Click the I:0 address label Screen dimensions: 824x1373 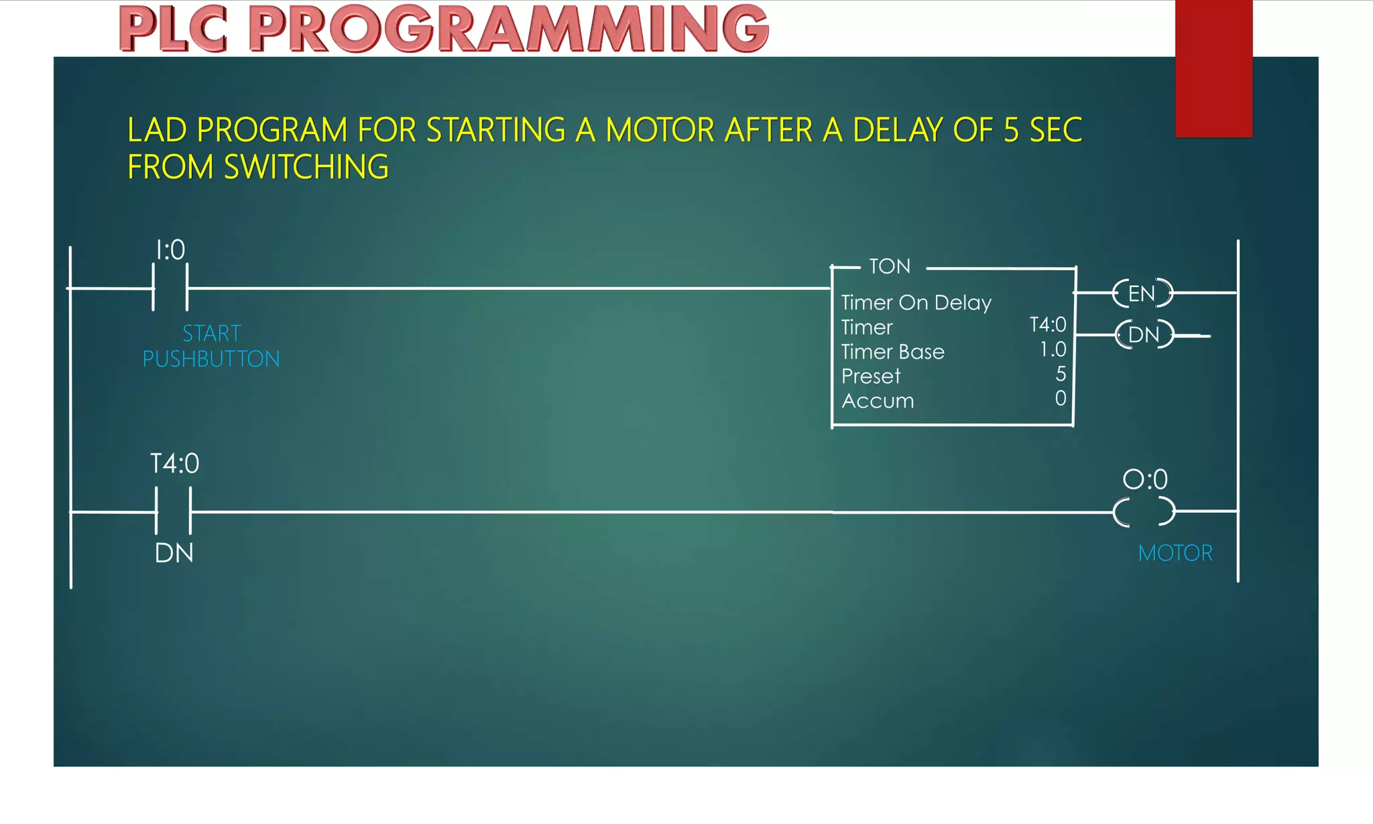(x=170, y=250)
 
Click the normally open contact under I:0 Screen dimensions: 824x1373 (x=170, y=288)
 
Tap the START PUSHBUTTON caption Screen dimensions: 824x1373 (x=211, y=346)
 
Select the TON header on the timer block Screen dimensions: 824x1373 (x=890, y=266)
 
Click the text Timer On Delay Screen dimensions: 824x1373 (x=916, y=302)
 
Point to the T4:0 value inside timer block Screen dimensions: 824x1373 (x=1047, y=325)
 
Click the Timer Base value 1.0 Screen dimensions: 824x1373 (x=1053, y=349)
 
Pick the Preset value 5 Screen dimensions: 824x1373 (x=1061, y=374)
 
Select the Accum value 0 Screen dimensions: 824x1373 (x=1061, y=399)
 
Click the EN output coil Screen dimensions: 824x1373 (x=1142, y=294)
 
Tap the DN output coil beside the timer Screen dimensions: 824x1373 (x=1144, y=335)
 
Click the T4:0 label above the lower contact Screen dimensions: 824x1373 (x=174, y=464)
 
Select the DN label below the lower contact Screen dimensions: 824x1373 (x=174, y=553)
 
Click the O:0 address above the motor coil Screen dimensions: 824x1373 (x=1145, y=479)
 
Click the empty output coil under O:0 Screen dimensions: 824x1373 (x=1144, y=512)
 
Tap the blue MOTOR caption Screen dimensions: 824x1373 (x=1175, y=553)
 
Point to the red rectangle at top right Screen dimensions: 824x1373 (x=1213, y=67)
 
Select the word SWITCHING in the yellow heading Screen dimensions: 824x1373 (x=306, y=167)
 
